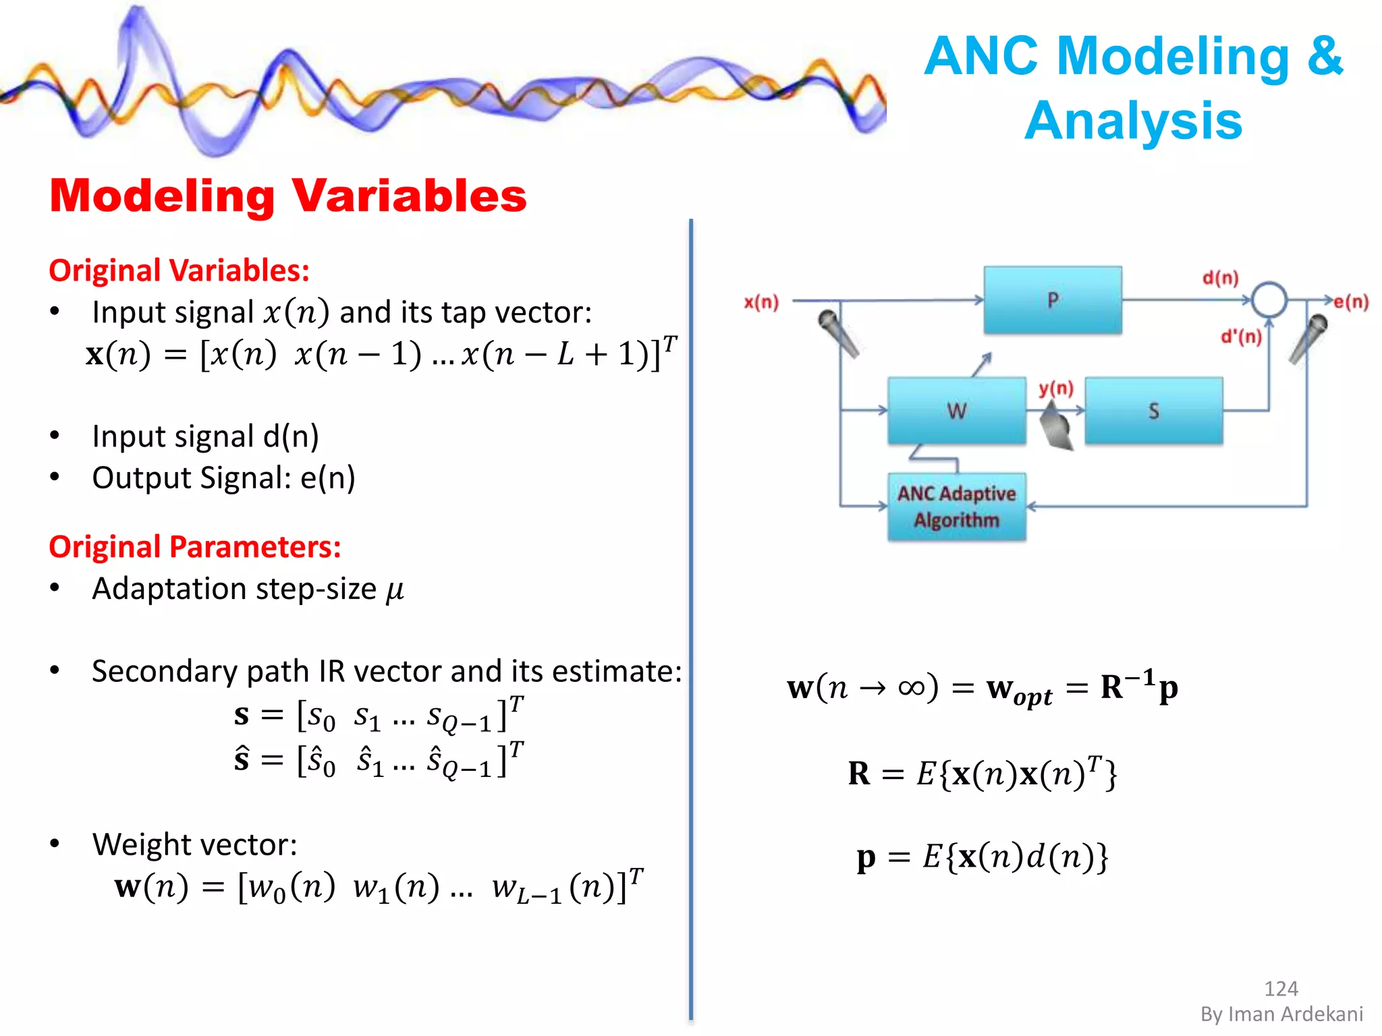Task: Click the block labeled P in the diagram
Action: point(1052,300)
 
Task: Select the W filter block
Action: point(956,411)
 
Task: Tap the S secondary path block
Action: point(1153,411)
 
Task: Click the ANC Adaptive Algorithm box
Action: point(956,507)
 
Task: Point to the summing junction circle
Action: point(1269,299)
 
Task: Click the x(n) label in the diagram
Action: point(761,301)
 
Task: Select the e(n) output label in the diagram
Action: point(1351,301)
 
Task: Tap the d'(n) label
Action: point(1241,336)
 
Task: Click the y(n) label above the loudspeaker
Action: point(1055,388)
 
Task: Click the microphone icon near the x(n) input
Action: point(837,333)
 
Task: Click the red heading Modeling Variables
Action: point(287,196)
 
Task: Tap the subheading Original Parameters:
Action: point(194,546)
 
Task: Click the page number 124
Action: point(1280,988)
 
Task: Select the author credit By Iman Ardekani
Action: point(1281,1014)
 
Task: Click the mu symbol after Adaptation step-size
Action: point(395,590)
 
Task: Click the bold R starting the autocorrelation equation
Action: point(859,773)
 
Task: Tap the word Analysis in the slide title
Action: point(1133,121)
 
